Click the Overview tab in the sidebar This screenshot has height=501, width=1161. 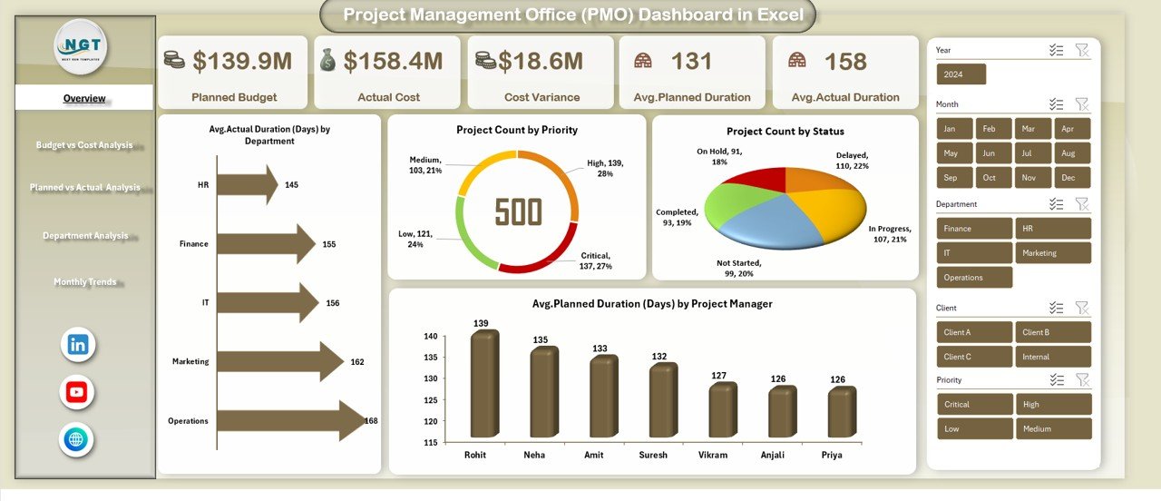tap(84, 98)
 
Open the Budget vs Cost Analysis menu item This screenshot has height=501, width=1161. tap(84, 145)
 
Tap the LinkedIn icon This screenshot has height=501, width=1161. tap(78, 344)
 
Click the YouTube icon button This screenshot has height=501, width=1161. tap(77, 392)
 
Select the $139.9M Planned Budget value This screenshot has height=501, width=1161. tap(243, 61)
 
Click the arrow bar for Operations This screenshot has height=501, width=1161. tap(290, 421)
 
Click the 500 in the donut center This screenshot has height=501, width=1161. tap(518, 212)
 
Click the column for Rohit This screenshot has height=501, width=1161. tap(484, 385)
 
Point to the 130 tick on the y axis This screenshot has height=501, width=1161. tap(431, 378)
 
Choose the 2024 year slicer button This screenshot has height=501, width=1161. tap(961, 74)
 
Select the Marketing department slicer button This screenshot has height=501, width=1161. tap(1052, 253)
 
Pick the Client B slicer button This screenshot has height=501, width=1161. tap(1052, 332)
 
